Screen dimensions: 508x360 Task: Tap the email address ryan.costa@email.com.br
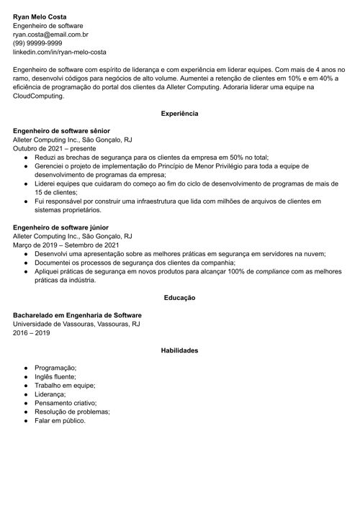(x=49, y=34)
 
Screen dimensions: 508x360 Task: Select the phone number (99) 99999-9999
(x=42, y=43)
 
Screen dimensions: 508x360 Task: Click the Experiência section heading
(x=180, y=114)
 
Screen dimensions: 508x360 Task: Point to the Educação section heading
(x=180, y=297)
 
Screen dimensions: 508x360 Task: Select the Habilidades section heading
(x=180, y=350)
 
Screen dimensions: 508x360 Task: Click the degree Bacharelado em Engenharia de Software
(x=77, y=315)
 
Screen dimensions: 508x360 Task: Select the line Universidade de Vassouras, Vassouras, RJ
(x=76, y=325)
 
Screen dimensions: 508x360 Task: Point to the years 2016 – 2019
(x=31, y=333)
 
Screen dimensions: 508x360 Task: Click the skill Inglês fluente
(x=55, y=376)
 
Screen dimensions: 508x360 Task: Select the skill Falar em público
(x=60, y=420)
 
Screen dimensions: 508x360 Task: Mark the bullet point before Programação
(x=26, y=368)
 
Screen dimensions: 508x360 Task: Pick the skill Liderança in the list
(x=50, y=394)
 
